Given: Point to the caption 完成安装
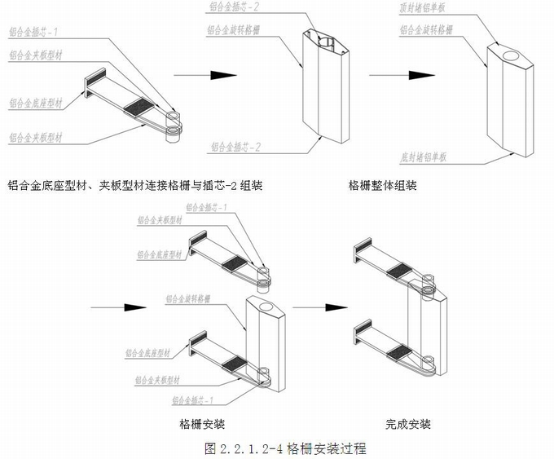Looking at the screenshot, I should click(408, 424).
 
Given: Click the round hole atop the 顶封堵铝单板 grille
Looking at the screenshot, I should click(513, 56).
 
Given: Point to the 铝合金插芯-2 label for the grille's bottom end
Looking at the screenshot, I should click(235, 148).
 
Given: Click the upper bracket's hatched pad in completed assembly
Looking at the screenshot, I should click(399, 271).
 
